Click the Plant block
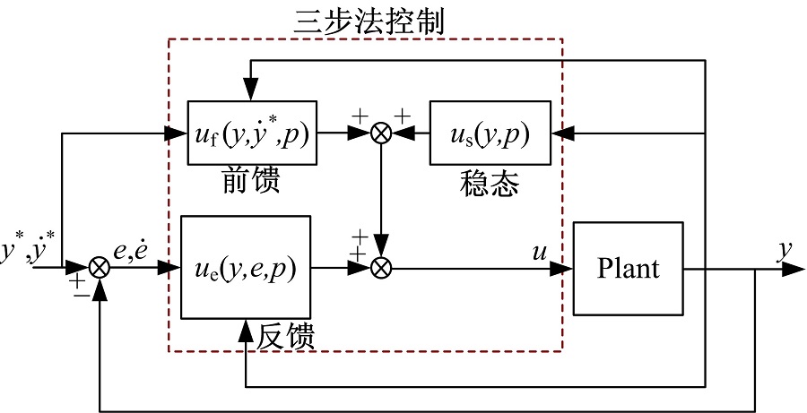pos(629,267)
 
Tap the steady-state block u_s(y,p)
pos(490,133)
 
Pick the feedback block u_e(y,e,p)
pos(245,266)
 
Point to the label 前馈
pos(250,181)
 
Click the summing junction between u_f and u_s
pos(383,133)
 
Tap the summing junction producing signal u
pos(383,267)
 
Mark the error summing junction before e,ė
pos(100,267)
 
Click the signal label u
pos(540,254)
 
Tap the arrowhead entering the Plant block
pos(566,267)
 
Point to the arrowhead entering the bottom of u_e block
pos(245,326)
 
